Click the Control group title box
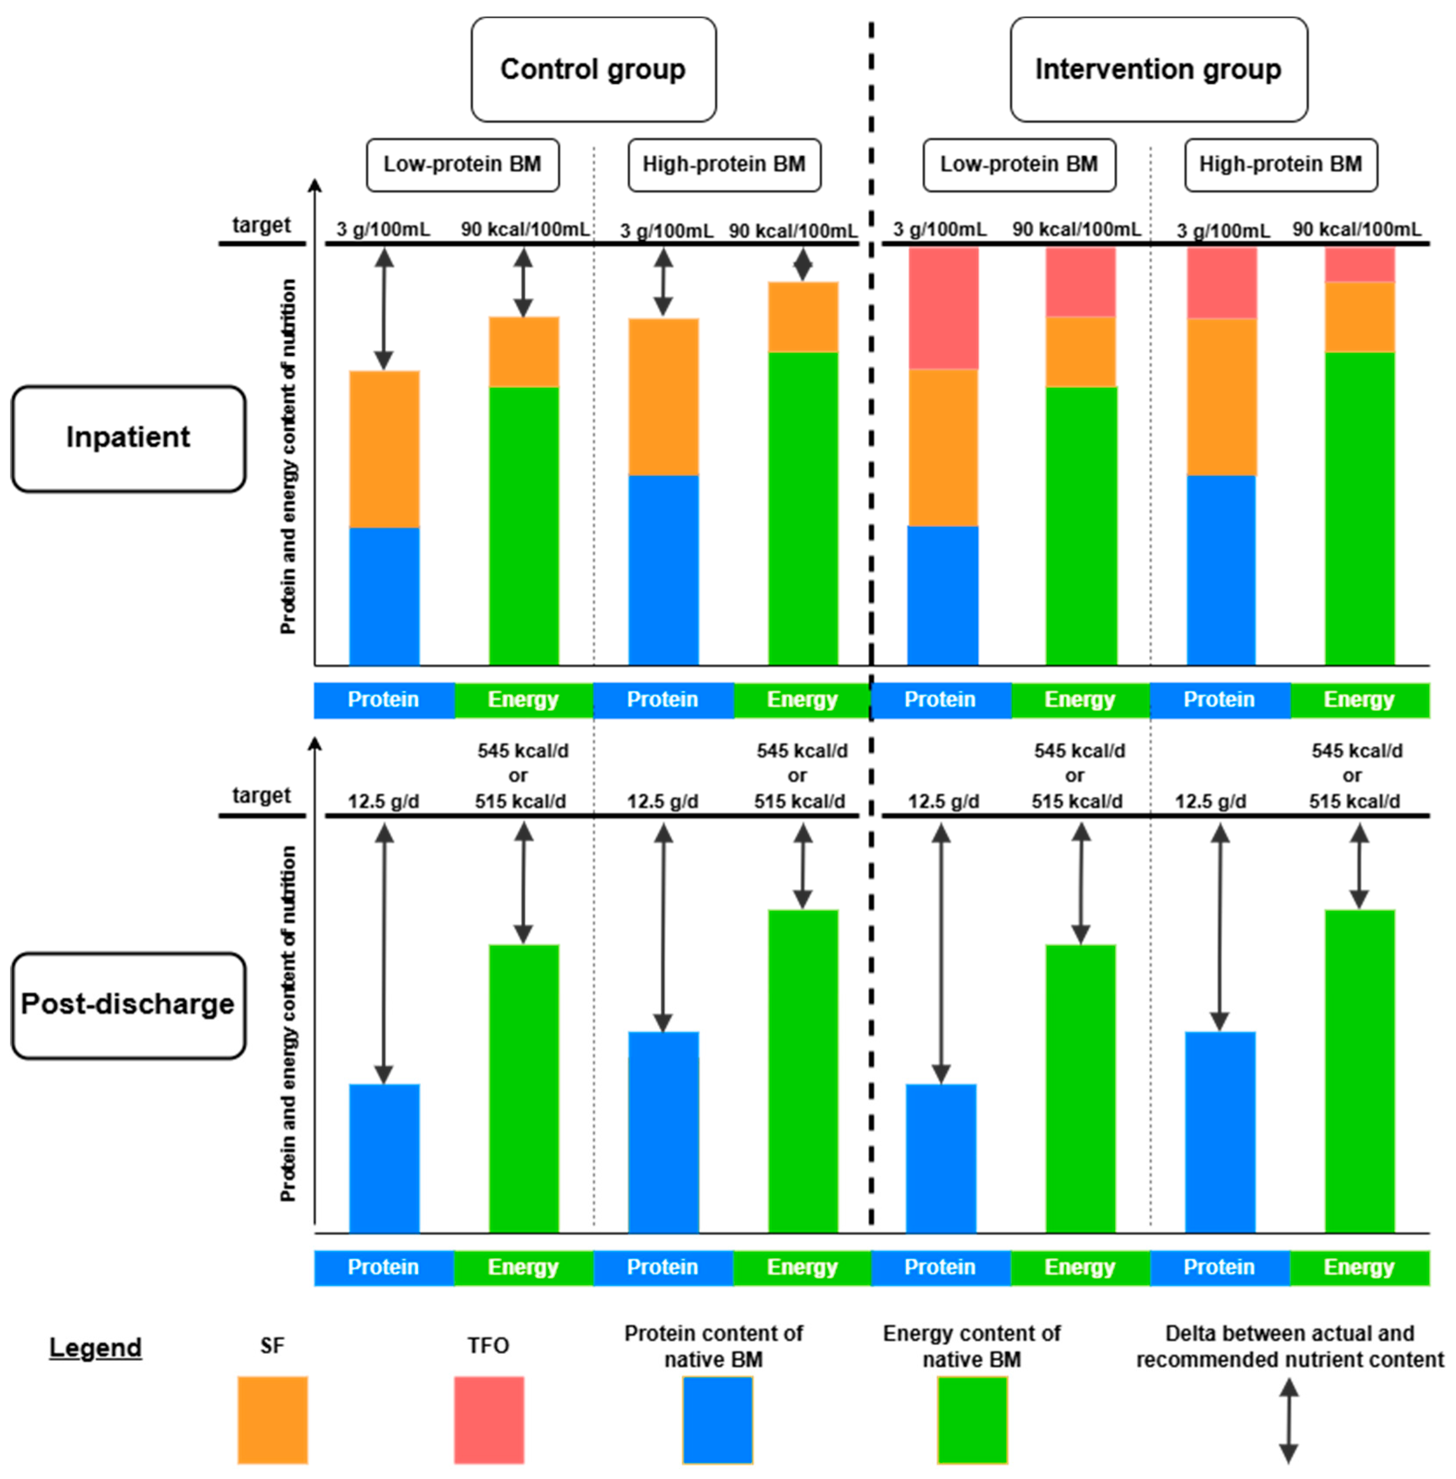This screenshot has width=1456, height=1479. coord(593,70)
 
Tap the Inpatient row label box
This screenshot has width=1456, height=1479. coord(129,438)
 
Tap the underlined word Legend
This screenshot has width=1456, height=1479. coord(95,1347)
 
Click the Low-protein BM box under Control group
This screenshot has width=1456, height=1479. coord(463,164)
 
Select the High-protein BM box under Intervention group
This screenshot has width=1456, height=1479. coord(1281,164)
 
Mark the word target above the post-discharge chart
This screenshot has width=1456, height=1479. coord(262,795)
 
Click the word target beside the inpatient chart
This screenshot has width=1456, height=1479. coord(262,225)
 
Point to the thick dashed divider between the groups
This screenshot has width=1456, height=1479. coord(871,459)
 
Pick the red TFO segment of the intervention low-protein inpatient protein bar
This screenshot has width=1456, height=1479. coord(943,308)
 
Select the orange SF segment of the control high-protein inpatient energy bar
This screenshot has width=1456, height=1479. coord(803,317)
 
